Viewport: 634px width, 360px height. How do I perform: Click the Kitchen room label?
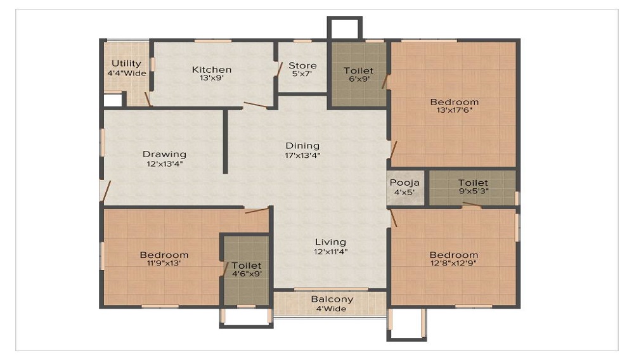tap(212, 70)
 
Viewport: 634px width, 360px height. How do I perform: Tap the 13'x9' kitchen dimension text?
tap(212, 79)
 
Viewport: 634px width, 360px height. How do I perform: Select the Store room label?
tap(302, 65)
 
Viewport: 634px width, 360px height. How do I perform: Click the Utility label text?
tap(126, 63)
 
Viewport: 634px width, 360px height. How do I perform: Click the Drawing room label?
tap(164, 154)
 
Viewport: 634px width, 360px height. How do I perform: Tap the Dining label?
tap(302, 146)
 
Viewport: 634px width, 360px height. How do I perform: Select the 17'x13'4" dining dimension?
tap(302, 155)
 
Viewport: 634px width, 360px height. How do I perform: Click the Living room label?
tap(331, 241)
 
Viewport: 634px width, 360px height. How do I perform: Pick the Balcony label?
tap(332, 299)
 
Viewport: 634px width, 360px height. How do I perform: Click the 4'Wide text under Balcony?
tap(332, 309)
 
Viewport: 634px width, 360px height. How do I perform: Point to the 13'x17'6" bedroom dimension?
tap(455, 110)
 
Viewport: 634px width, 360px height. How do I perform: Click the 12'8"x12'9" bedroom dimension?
tap(454, 264)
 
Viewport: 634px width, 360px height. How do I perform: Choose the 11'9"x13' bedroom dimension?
tap(164, 264)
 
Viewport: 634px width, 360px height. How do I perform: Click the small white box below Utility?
tap(112, 100)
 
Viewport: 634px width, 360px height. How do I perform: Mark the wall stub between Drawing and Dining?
tap(225, 141)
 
